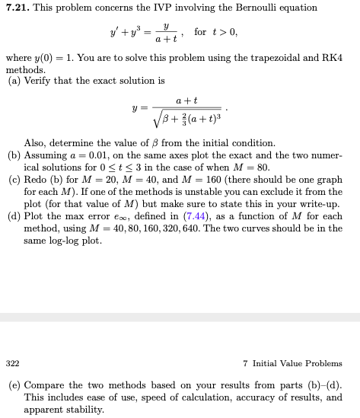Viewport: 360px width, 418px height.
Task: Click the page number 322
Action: [12, 363]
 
